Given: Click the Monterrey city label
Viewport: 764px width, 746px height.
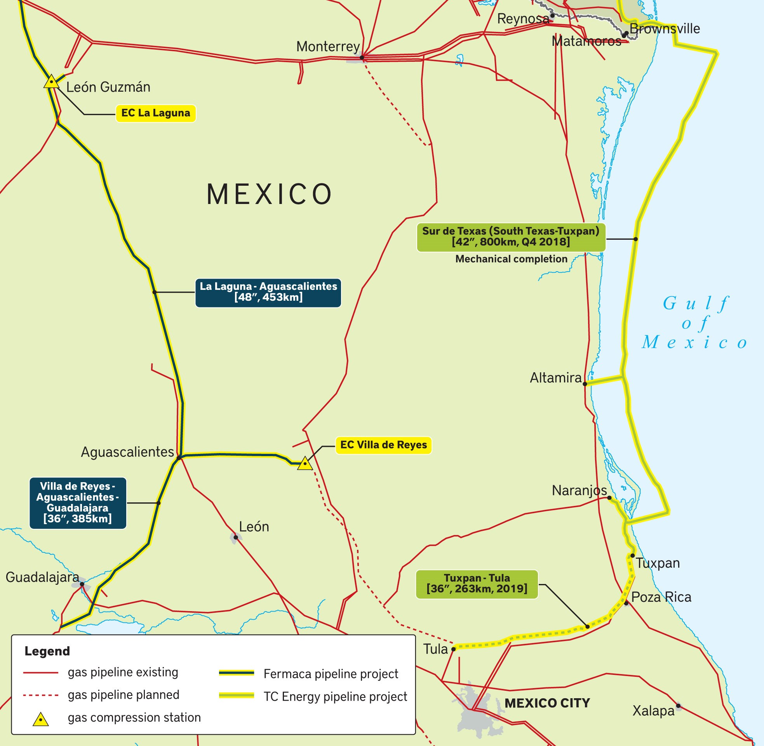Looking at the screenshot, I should [328, 47].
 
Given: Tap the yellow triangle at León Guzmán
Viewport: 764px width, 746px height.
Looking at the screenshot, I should [51, 82].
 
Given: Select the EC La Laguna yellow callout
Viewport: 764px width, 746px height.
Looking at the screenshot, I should [155, 113].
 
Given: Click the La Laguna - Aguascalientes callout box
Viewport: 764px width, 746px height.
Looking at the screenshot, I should [268, 292].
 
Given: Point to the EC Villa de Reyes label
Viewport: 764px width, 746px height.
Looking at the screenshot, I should [383, 445].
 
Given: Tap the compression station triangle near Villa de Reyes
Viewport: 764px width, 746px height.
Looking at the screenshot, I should [305, 464].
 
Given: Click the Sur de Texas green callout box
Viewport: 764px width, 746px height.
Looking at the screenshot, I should [511, 237].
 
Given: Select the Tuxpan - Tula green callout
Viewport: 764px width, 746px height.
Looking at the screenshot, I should [477, 584].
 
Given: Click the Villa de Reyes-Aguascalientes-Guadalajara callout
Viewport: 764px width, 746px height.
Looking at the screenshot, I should [78, 503].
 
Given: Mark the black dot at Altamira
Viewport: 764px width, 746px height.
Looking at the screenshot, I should [585, 384].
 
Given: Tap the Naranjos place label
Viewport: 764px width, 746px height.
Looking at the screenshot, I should [579, 491].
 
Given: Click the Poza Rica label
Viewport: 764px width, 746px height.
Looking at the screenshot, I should [661, 597].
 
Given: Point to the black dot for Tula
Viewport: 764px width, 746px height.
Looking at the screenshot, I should [453, 649].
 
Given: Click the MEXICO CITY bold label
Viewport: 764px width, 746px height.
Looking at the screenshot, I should [546, 703].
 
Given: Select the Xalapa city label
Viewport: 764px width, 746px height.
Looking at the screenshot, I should [653, 711].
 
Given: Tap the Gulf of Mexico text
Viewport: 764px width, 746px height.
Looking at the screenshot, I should [695, 323].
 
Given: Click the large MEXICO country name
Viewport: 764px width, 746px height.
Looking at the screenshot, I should [270, 194].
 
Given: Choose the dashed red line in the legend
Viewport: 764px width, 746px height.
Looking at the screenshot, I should [41, 695].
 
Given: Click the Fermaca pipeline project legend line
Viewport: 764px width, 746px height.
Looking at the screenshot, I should [237, 673].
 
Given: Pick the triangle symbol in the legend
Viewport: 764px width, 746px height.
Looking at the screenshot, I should [40, 719].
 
